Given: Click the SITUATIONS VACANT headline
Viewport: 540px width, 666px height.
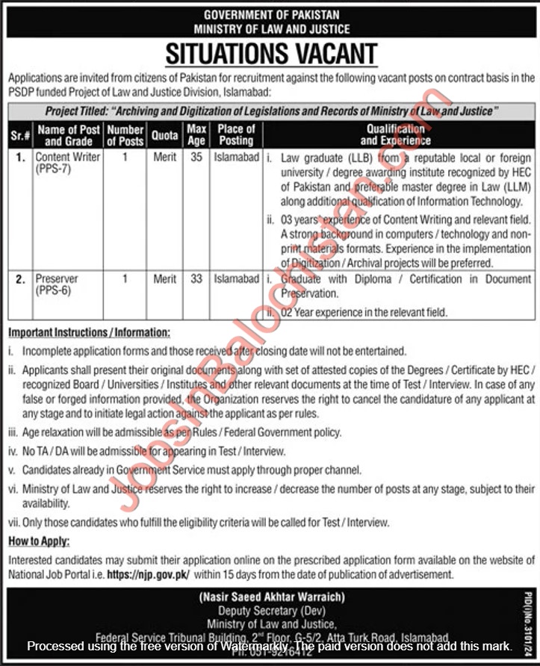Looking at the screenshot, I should click(270, 54).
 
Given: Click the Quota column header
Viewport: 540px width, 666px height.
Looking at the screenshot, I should click(164, 135).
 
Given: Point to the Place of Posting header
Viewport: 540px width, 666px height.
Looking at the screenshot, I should click(236, 134).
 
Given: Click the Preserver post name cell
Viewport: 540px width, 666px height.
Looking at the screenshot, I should click(57, 278).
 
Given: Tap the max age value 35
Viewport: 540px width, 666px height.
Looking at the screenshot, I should click(196, 158).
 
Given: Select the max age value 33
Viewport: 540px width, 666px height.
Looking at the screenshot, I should click(196, 278).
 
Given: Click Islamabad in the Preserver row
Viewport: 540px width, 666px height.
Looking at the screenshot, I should click(236, 278).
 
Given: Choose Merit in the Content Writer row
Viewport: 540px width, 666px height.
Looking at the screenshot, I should click(164, 158).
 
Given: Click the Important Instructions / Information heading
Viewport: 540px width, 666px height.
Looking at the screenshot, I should click(89, 332).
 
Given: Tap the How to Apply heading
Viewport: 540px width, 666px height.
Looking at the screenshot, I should click(39, 541).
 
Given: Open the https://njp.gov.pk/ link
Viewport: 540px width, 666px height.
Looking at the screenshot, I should click(148, 574).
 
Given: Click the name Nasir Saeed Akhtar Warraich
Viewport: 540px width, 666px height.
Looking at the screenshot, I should click(271, 597).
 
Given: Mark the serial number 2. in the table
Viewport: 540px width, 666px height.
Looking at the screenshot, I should click(20, 278).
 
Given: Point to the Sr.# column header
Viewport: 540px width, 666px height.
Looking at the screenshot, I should click(20, 135).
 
